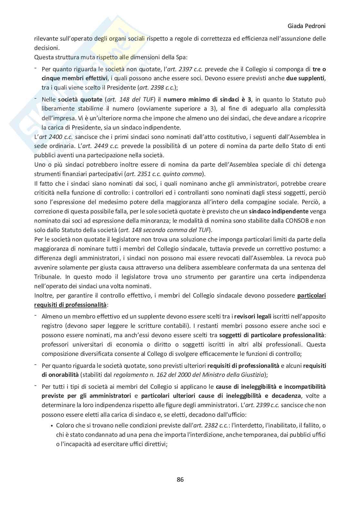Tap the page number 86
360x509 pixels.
pos(180,479)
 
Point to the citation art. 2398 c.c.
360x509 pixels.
pos(157,88)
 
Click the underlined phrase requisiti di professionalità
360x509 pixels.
pos(70,305)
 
